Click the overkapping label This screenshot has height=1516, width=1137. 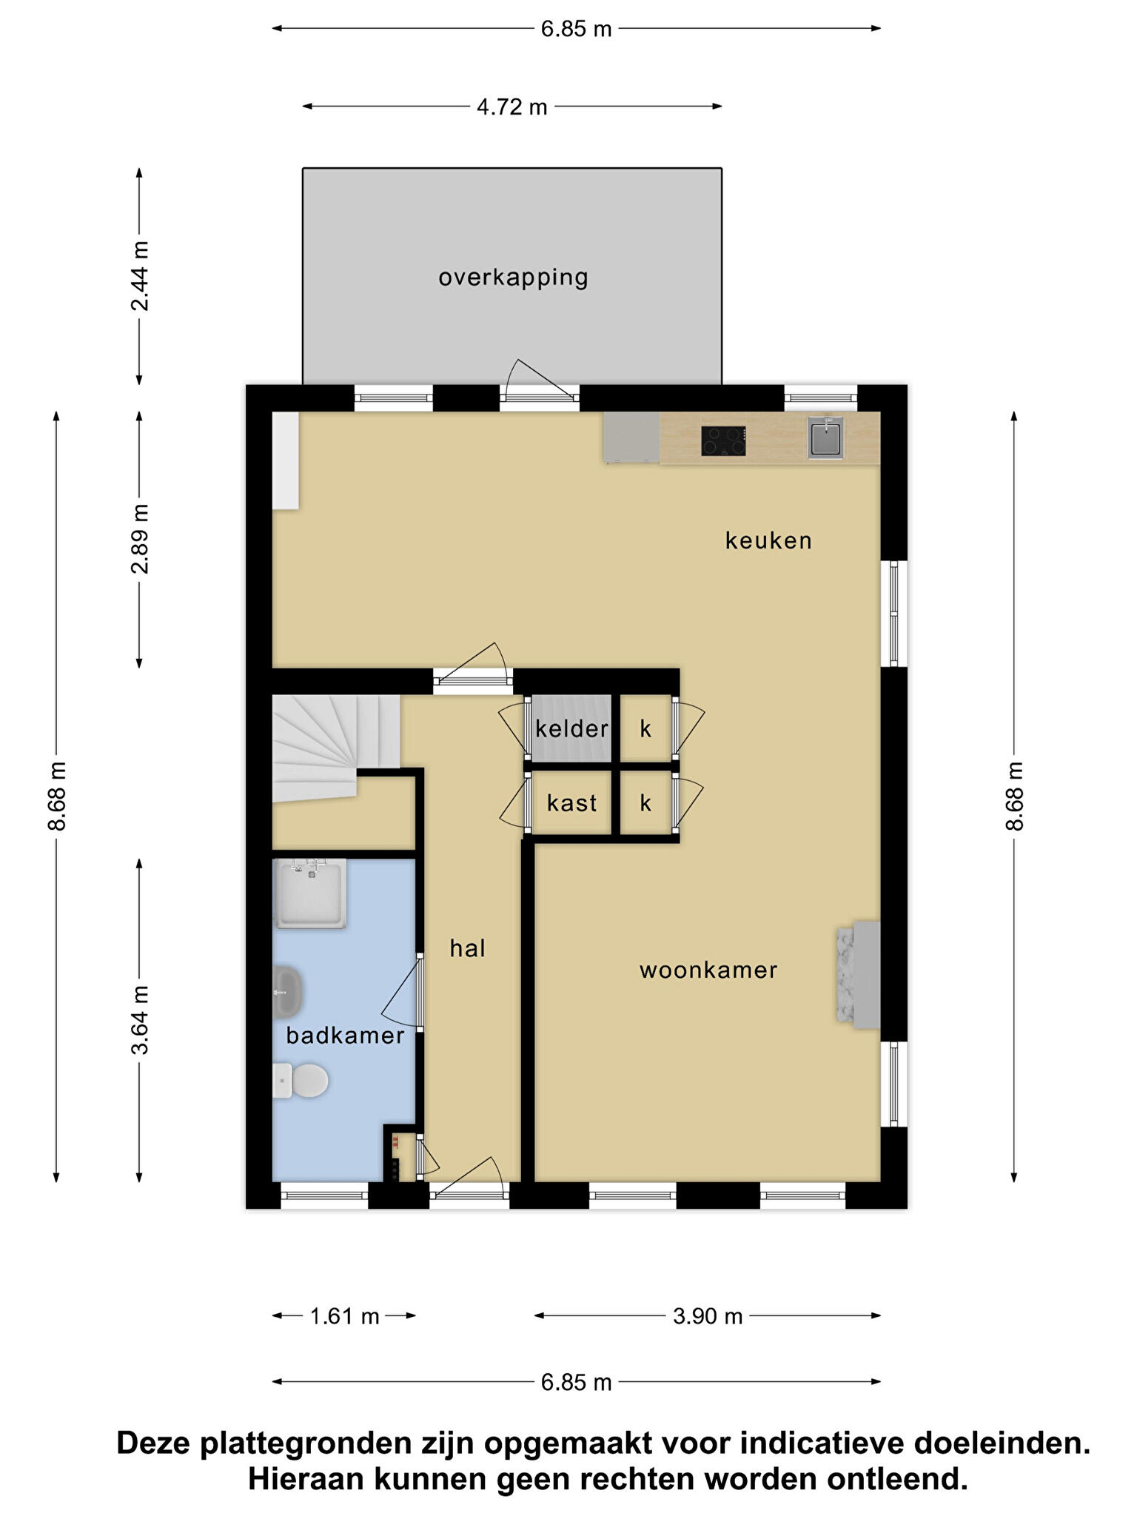coord(513,278)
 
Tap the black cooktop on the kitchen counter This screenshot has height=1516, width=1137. coord(723,441)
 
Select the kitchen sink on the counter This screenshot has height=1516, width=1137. coord(825,438)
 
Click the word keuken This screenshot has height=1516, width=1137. coord(768,540)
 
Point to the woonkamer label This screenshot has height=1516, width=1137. coord(708,970)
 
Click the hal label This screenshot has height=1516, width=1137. coord(467,948)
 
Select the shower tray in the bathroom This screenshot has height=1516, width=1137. coord(309,893)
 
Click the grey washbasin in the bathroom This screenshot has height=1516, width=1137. coord(287,992)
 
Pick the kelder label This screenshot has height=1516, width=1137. coord(571,729)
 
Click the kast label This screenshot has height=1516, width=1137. coord(571,803)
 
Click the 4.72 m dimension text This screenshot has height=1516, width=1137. coord(512,107)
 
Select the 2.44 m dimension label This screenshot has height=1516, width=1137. coord(140,276)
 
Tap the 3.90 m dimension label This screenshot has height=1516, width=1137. coord(708,1316)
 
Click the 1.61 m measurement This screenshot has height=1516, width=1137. coord(344,1316)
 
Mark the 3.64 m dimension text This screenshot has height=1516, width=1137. coord(140,1020)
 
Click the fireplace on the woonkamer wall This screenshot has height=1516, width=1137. coord(859,975)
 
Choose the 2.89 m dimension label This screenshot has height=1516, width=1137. coord(140,539)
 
